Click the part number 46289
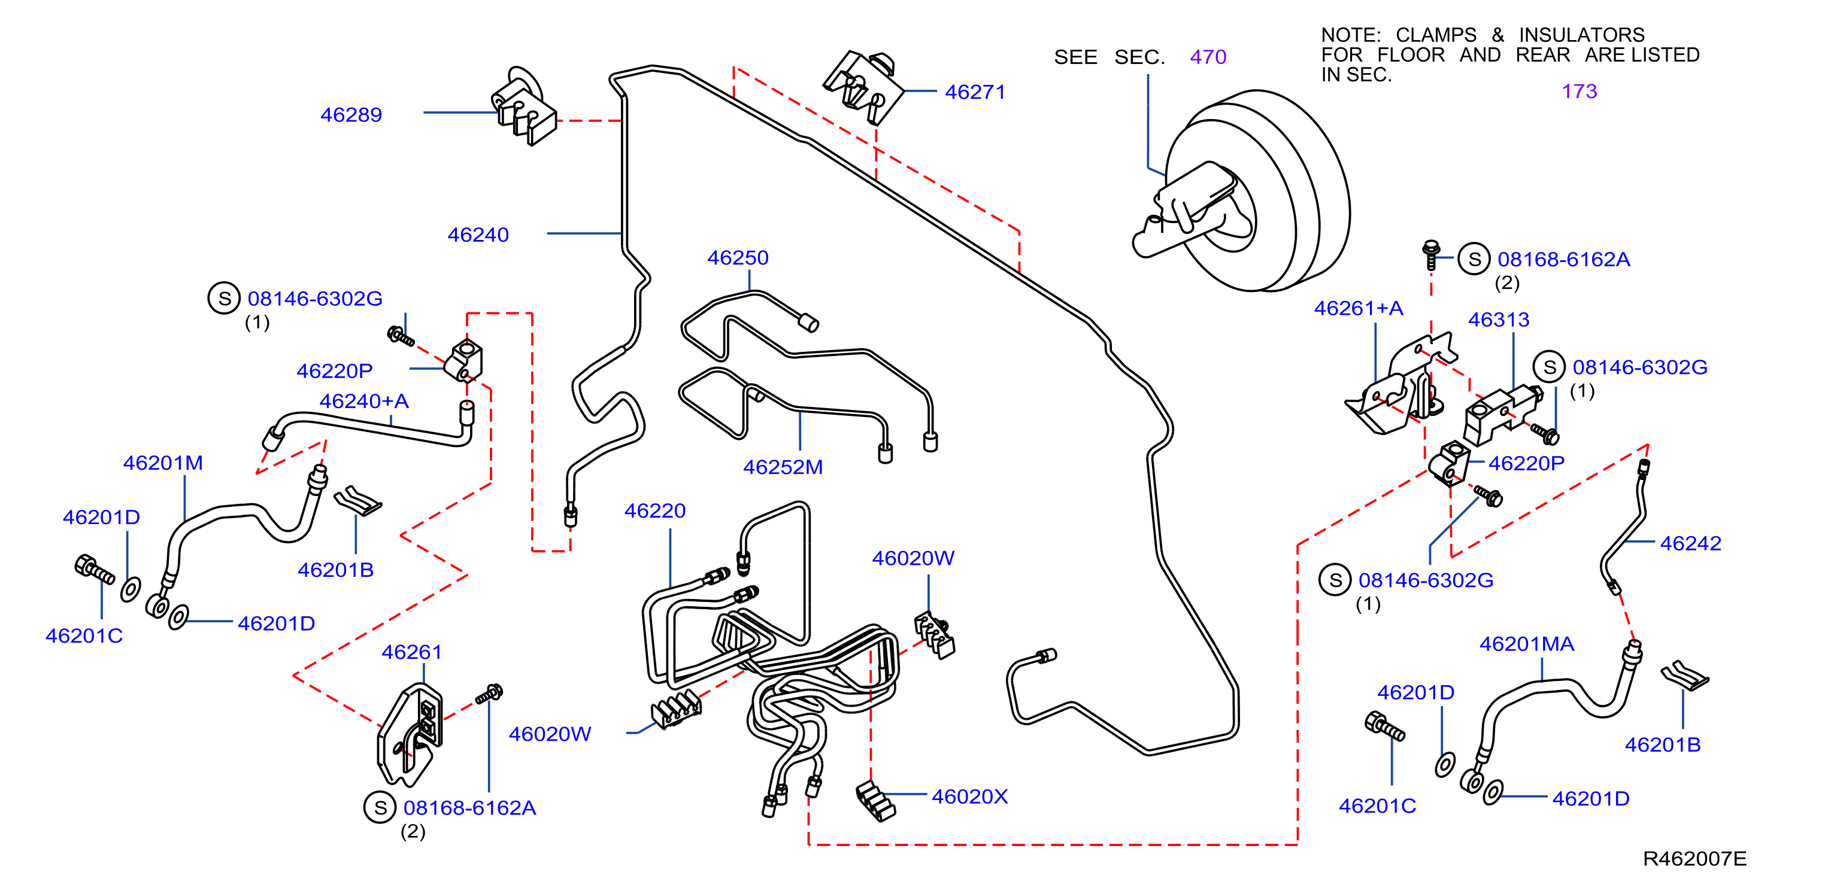(351, 115)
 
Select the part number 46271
(975, 92)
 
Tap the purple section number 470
(1208, 57)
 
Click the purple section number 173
(1579, 91)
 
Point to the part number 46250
(738, 257)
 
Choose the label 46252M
(783, 467)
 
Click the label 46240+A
(364, 401)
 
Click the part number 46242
(1690, 543)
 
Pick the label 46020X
(969, 796)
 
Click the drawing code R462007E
(1694, 859)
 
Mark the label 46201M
(163, 463)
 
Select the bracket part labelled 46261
(410, 735)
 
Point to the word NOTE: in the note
(1350, 35)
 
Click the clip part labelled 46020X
(875, 800)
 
